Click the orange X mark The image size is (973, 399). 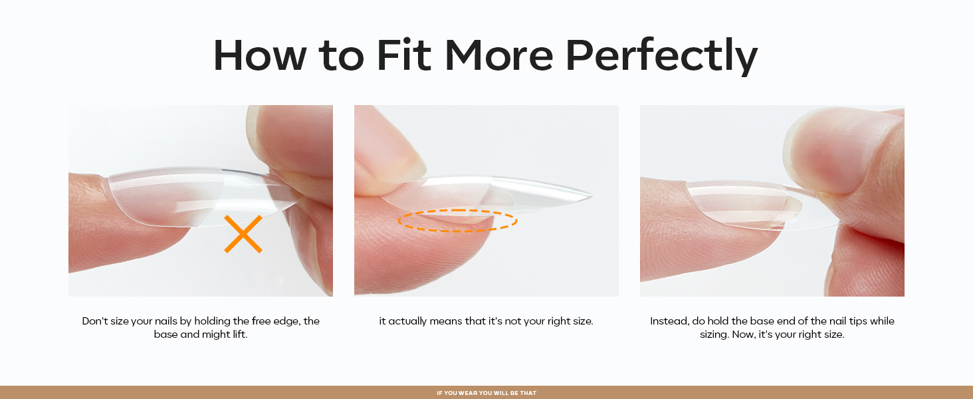tap(243, 234)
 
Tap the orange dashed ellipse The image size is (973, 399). tap(457, 221)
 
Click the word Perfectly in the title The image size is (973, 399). tap(661, 56)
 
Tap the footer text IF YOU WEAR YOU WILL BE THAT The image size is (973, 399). tap(486, 393)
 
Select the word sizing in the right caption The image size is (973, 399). tap(715, 334)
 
